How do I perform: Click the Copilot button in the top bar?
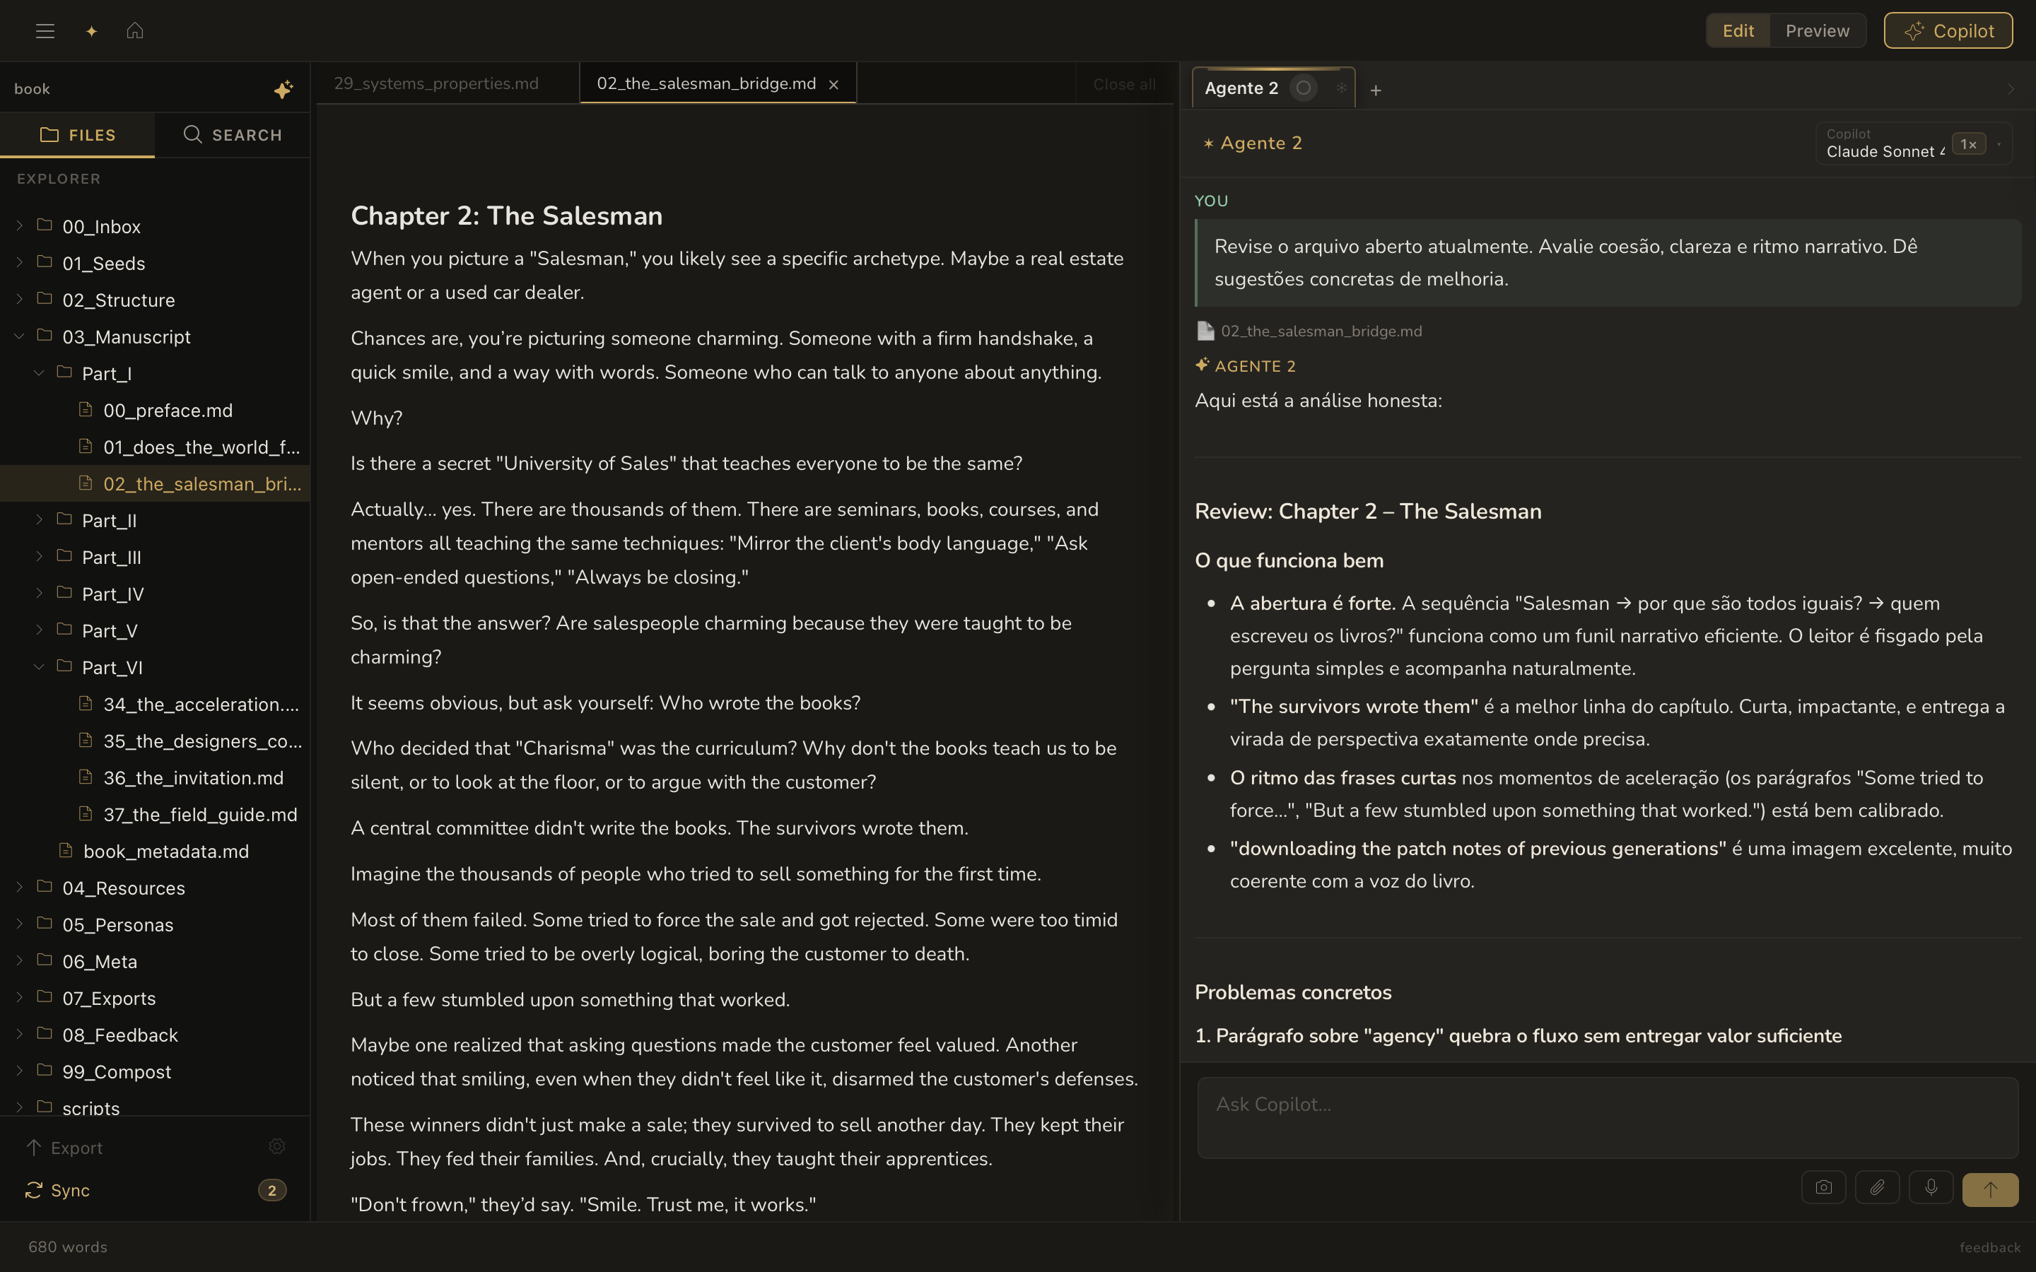(x=1948, y=31)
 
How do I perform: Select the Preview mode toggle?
(x=1818, y=31)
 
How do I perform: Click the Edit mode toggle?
(x=1738, y=31)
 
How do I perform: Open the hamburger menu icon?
(x=45, y=31)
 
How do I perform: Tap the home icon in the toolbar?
(x=134, y=31)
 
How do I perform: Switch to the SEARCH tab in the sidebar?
(x=232, y=134)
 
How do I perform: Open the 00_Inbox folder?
(x=101, y=226)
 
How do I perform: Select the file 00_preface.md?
(x=168, y=411)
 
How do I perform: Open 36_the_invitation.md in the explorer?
(x=193, y=778)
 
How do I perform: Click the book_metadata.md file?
(x=165, y=852)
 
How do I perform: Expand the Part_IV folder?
(x=112, y=594)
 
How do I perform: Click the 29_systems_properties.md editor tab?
(x=435, y=83)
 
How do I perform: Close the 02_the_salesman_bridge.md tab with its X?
(x=833, y=84)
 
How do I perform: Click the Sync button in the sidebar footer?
(x=69, y=1191)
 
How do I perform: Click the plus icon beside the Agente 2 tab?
(x=1376, y=90)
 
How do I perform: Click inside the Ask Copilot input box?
(x=1607, y=1117)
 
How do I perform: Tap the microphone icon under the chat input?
(x=1931, y=1188)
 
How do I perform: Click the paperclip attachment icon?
(x=1877, y=1188)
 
